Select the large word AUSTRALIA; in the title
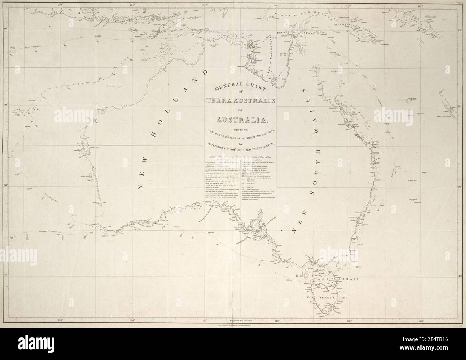240,119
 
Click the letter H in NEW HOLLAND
154,133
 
